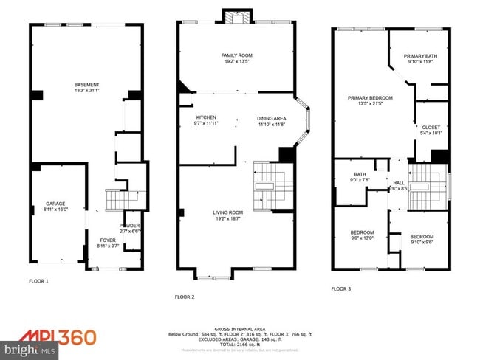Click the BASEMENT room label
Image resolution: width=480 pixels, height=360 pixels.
click(x=86, y=85)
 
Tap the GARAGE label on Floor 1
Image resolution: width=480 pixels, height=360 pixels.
click(x=56, y=203)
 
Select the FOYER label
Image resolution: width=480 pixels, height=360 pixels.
click(x=109, y=240)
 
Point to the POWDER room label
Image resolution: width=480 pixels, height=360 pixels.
click(x=129, y=226)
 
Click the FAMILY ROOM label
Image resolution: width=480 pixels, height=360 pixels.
click(x=237, y=55)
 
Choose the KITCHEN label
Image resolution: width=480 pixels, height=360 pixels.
click(x=205, y=117)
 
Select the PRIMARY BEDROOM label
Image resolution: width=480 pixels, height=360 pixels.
click(x=370, y=97)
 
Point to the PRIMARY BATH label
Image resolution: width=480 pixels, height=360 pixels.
click(x=422, y=56)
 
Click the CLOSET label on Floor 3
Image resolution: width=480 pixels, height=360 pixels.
click(x=431, y=127)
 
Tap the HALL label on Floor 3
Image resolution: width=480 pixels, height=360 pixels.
click(x=399, y=182)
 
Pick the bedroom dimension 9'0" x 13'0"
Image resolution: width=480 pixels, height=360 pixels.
click(x=362, y=238)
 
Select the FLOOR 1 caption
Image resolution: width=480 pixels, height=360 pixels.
click(x=38, y=281)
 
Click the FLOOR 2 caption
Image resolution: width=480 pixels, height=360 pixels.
click(x=185, y=297)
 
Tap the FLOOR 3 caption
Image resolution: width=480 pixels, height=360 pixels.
click(x=340, y=288)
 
